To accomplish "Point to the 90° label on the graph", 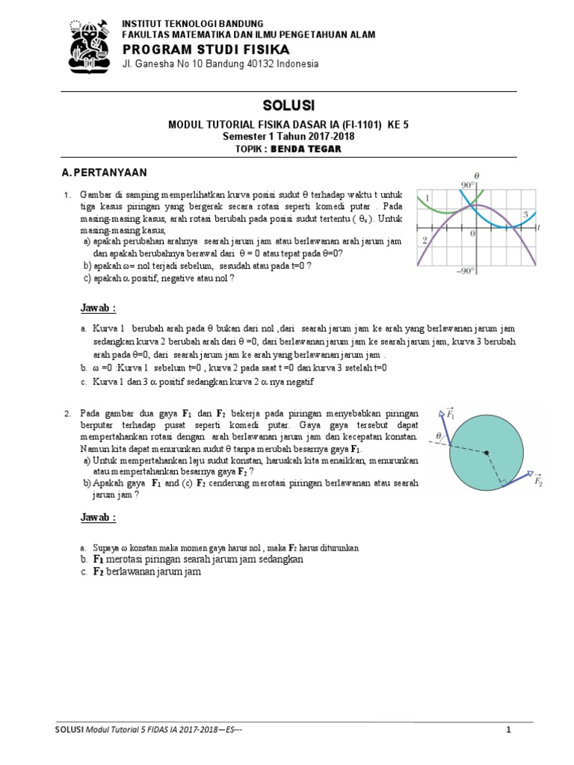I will pos(469,185).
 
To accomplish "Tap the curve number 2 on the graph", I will pos(424,241).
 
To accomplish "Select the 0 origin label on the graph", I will pos(472,234).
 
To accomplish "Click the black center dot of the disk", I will pos(486,453).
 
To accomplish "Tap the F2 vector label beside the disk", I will pos(538,483).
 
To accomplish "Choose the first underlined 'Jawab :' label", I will pos(98,309).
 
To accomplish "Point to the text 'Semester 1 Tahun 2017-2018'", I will pos(288,137).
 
